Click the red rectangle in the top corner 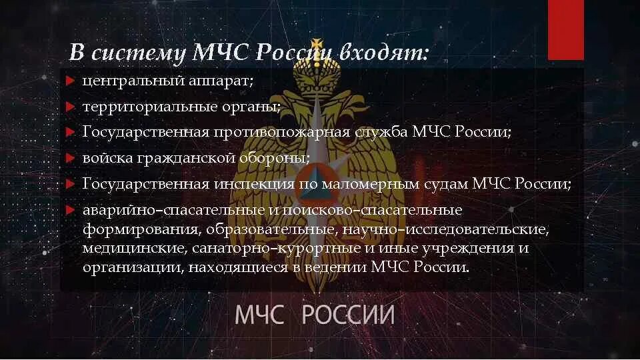pos(565,29)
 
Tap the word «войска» pos(105,158)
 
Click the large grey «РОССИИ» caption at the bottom pos(347,314)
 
